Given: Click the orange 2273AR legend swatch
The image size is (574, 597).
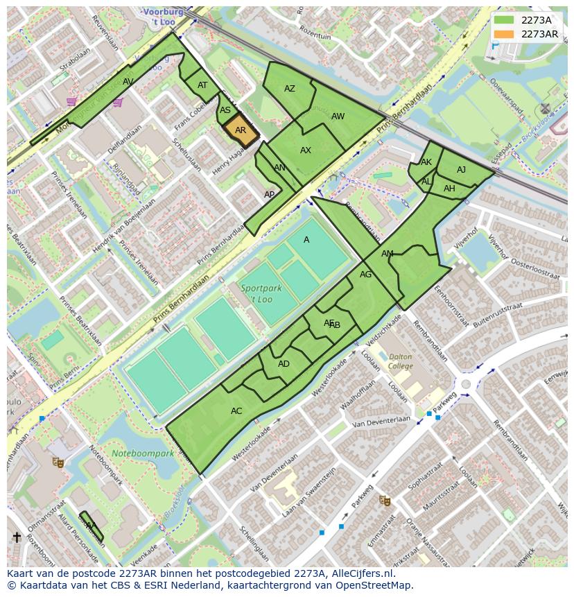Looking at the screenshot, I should tap(505, 34).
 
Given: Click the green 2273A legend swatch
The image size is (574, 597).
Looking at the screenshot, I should tap(505, 20).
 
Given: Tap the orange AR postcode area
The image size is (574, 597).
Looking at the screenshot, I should tap(241, 130).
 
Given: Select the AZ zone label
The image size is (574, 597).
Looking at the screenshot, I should tap(290, 89).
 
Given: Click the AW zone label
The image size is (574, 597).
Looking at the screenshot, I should tap(338, 116).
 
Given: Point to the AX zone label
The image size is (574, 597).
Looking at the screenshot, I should tap(306, 150).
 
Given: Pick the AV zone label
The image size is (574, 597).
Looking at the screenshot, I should tap(128, 82).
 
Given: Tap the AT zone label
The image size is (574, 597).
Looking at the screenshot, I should tap(202, 85).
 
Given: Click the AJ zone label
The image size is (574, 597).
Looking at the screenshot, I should tap(462, 170).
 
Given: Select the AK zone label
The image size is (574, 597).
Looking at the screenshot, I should tap(426, 162).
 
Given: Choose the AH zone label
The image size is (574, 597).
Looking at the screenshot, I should tap(449, 189).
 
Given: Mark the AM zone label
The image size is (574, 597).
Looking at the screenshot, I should tap(388, 254).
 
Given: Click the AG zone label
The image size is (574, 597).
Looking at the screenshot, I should tap(366, 275).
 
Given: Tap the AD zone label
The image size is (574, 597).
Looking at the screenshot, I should tap(284, 364).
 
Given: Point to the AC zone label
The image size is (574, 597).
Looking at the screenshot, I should tap(236, 411).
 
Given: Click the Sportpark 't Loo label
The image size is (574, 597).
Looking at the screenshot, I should tap(257, 293).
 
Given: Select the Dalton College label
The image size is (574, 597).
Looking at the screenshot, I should tap(400, 361).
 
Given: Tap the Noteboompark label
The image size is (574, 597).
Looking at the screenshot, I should tap(142, 454).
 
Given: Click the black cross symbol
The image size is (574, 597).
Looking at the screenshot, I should tap(17, 537).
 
